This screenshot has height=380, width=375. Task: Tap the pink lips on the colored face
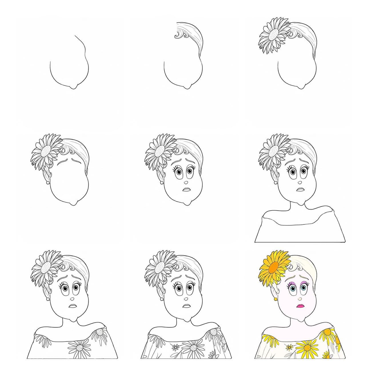pyautogui.click(x=300, y=306)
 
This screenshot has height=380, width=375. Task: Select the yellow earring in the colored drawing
pyautogui.click(x=276, y=299)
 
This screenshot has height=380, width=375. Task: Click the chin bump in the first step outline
pyautogui.click(x=73, y=87)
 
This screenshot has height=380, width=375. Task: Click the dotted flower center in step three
pyautogui.click(x=274, y=35)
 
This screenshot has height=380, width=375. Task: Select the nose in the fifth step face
pyautogui.click(x=186, y=182)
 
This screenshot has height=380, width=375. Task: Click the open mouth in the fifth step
pyautogui.click(x=187, y=189)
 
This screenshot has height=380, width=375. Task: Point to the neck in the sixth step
pyautogui.click(x=297, y=206)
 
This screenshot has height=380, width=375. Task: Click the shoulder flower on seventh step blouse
pyautogui.click(x=99, y=332)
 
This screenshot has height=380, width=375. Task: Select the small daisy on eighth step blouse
pyautogui.click(x=175, y=347)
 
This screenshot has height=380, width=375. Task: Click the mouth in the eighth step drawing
pyautogui.click(x=187, y=306)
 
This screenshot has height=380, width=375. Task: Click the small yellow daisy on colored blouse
pyautogui.click(x=290, y=347)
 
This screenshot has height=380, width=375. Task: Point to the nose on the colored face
pyautogui.click(x=300, y=298)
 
